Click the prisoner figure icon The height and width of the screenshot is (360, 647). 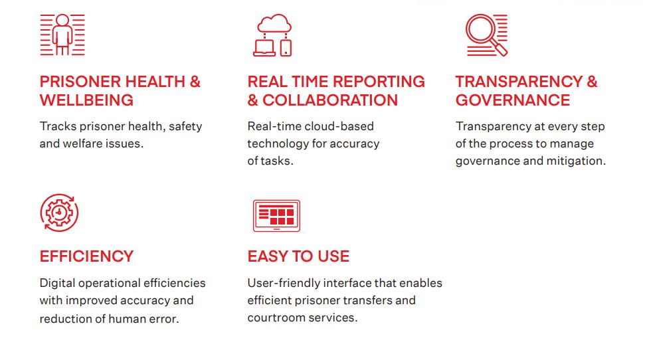click(x=62, y=35)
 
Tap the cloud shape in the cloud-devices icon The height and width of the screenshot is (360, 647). click(x=274, y=23)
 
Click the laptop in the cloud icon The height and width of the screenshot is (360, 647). click(x=264, y=48)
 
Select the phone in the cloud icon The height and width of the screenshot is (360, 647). click(x=286, y=48)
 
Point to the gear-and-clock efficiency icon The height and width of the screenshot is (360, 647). click(x=59, y=213)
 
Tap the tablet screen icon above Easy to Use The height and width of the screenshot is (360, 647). click(x=276, y=216)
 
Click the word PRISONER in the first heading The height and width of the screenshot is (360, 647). click(x=79, y=82)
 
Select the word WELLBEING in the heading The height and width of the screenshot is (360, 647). click(x=86, y=100)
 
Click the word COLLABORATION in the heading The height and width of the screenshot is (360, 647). click(x=330, y=100)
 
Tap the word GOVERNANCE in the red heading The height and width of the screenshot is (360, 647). click(x=513, y=100)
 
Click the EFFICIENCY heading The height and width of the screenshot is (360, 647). click(x=86, y=256)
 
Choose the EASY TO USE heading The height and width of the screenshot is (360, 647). click(x=298, y=256)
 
